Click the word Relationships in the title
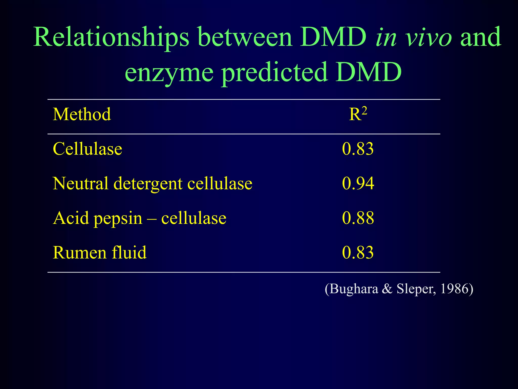pyautogui.click(x=111, y=37)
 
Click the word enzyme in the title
pyautogui.click(x=169, y=73)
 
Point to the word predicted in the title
pyautogui.click(x=275, y=73)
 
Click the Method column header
pyautogui.click(x=82, y=114)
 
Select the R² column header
pyautogui.click(x=358, y=114)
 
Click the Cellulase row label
pyautogui.click(x=87, y=149)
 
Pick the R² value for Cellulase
pyautogui.click(x=358, y=149)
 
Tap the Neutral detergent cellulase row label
pyautogui.click(x=152, y=183)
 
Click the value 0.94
pyautogui.click(x=358, y=183)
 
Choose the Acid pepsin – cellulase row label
pyautogui.click(x=139, y=218)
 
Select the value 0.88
pyautogui.click(x=358, y=218)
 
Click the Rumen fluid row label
pyautogui.click(x=99, y=252)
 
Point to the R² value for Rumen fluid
pyautogui.click(x=358, y=252)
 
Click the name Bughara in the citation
pyautogui.click(x=354, y=289)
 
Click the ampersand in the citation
pyautogui.click(x=387, y=289)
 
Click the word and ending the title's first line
pyautogui.click(x=481, y=37)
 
